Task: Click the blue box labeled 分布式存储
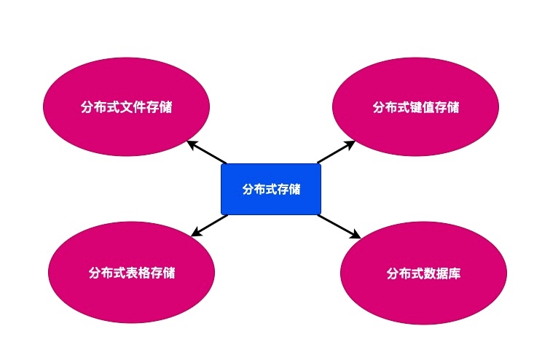(270, 189)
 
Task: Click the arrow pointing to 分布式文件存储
(208, 152)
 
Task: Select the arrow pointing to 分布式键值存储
(335, 152)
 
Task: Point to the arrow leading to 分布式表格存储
(210, 225)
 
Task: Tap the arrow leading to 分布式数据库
(339, 226)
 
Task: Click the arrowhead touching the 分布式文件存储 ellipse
(192, 144)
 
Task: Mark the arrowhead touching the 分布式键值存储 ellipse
(350, 144)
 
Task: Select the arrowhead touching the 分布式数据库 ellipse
(356, 235)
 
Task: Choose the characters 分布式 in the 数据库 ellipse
(404, 274)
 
